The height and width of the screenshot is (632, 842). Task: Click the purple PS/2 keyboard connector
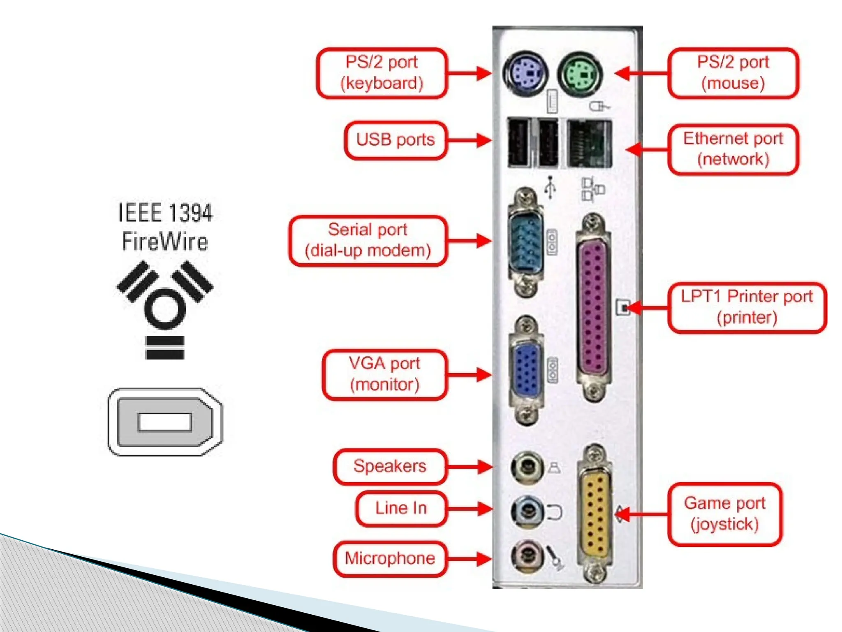(x=525, y=74)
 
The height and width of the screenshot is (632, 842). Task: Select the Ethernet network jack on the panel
(x=589, y=143)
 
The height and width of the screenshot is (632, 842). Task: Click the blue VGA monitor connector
(x=526, y=370)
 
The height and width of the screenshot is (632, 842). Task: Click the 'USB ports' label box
(x=396, y=140)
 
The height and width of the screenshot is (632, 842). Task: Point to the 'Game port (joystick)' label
(x=725, y=514)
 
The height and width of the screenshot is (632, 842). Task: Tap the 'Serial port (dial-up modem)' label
(x=368, y=240)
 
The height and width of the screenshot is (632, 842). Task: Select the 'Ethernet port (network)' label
(x=733, y=149)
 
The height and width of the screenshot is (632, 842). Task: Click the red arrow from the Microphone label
(x=469, y=558)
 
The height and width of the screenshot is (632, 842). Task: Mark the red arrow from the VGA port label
(x=469, y=374)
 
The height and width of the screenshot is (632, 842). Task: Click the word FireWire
(x=165, y=242)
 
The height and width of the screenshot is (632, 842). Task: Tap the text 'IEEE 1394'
(x=165, y=213)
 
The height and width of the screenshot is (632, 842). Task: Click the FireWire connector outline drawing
(x=165, y=422)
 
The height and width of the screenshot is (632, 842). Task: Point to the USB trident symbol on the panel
(x=550, y=188)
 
